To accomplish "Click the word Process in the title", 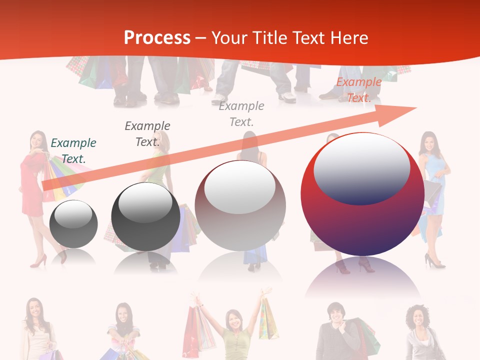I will [157, 38].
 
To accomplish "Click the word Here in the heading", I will [348, 38].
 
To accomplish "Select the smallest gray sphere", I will [73, 224].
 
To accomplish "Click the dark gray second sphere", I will [145, 217].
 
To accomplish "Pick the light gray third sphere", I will [240, 206].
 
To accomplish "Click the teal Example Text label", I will [73, 150].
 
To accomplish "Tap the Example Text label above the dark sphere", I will [147, 133].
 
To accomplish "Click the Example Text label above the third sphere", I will [241, 113].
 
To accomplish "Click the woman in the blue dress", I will [431, 190].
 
